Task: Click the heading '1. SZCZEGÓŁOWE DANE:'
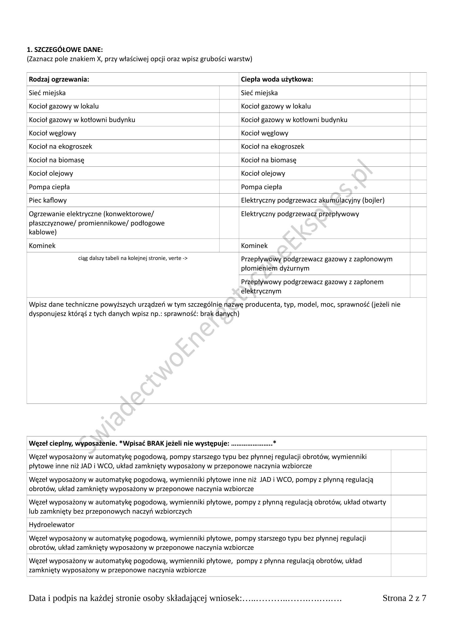coord(64,50)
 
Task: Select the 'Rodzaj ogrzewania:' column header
coord(59,79)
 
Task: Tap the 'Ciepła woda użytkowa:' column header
coord(277,79)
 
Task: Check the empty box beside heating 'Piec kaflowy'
coord(229,200)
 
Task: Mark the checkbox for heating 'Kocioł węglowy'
coord(229,133)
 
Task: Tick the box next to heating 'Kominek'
coord(229,246)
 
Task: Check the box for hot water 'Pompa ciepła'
coord(418,187)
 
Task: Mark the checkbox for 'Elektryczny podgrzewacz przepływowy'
coord(418,223)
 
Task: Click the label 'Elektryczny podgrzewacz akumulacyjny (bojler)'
coord(313,200)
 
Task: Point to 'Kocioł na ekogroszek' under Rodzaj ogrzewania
coord(60,147)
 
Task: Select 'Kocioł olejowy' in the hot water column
coord(263,173)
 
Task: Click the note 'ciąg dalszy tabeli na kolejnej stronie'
coord(133,258)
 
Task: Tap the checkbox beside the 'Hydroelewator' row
coord(408,525)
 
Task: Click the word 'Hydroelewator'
coord(51,525)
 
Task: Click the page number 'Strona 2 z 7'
coord(404,598)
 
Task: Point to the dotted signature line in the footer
coord(292,598)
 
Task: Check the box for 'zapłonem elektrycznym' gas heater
coord(418,286)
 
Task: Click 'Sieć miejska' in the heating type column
coord(47,93)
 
